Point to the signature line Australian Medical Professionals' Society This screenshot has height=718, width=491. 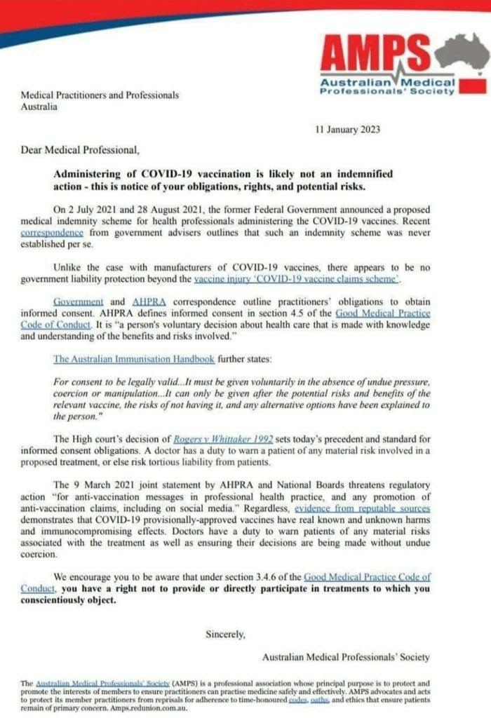346,657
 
